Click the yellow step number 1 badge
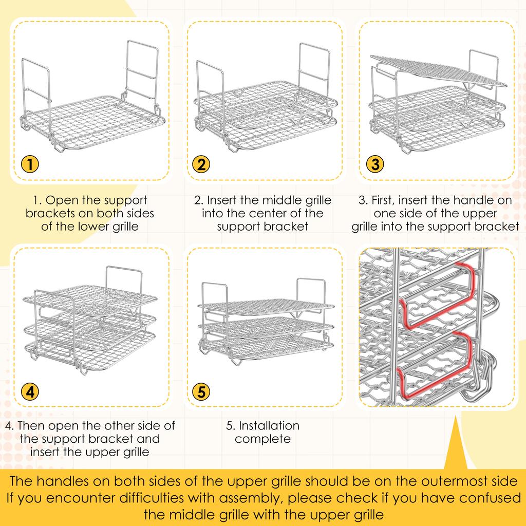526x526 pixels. tap(30, 164)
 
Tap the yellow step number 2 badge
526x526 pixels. tap(201, 164)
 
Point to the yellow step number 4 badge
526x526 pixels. tap(30, 391)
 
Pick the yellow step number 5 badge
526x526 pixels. tap(201, 391)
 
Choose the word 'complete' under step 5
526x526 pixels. tap(262, 439)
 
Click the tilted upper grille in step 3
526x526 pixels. tap(438, 70)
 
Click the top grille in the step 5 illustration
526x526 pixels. tap(266, 307)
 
